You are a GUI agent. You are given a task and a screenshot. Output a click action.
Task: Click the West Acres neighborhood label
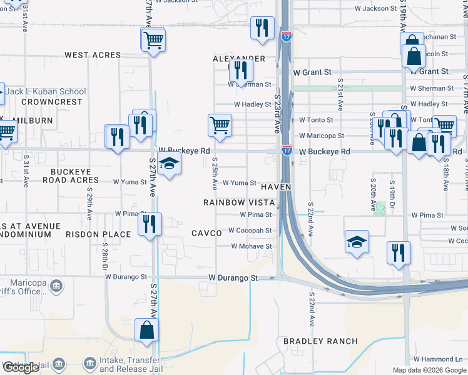click(93, 55)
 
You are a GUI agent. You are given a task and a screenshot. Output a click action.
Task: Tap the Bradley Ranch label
click(320, 341)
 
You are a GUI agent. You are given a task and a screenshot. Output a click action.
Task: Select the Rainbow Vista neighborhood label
click(239, 202)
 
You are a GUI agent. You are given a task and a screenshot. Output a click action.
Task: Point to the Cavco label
click(206, 233)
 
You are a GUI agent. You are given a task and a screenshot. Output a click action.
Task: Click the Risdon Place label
click(99, 234)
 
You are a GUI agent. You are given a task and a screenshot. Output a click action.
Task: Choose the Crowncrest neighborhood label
click(52, 102)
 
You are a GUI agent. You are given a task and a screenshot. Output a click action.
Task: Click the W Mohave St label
click(252, 246)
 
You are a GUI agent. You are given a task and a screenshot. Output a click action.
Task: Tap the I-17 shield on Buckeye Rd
click(287, 150)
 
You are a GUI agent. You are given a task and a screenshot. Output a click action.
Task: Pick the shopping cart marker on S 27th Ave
click(153, 41)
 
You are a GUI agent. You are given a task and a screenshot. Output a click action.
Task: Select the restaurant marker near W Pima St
click(150, 224)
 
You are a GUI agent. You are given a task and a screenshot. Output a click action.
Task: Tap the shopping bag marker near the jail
click(146, 330)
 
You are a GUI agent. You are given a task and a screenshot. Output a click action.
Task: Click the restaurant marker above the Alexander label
click(262, 28)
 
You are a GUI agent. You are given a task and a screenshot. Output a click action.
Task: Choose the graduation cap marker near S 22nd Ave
click(357, 242)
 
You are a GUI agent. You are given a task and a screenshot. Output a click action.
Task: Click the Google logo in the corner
click(21, 367)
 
